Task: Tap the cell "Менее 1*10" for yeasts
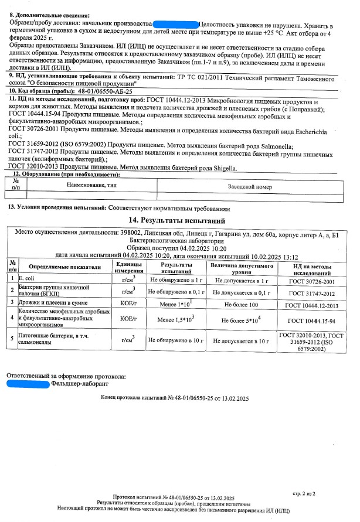coord(175,305)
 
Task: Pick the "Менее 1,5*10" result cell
coord(175,320)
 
